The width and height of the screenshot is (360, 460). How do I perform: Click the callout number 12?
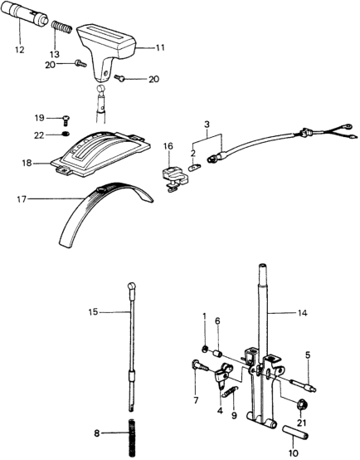coord(20,50)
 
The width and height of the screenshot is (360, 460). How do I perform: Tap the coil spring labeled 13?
coord(61,27)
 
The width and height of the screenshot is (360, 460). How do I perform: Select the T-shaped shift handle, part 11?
coord(107,51)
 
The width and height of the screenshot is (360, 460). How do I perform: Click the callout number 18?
coord(27,163)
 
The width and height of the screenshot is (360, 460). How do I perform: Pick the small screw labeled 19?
coord(66,120)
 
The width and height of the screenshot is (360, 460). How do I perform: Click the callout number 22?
coord(39,135)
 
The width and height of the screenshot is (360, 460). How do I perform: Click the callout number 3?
coord(207,124)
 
